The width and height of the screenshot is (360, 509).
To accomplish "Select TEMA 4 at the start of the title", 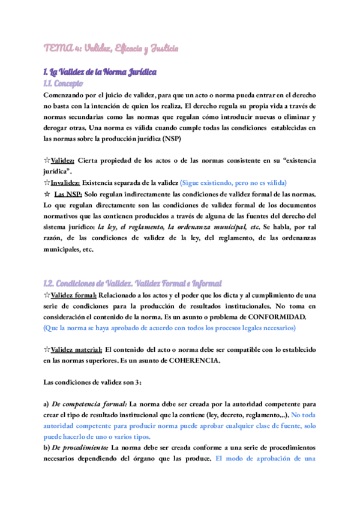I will pos(58,47).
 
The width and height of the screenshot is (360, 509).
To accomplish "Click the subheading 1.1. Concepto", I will pos(63,83).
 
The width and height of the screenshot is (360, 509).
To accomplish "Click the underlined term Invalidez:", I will pos(64,182).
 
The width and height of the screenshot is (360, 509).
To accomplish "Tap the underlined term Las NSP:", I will pos(66,194).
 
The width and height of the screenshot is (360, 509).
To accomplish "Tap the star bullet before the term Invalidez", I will pos(47,182).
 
